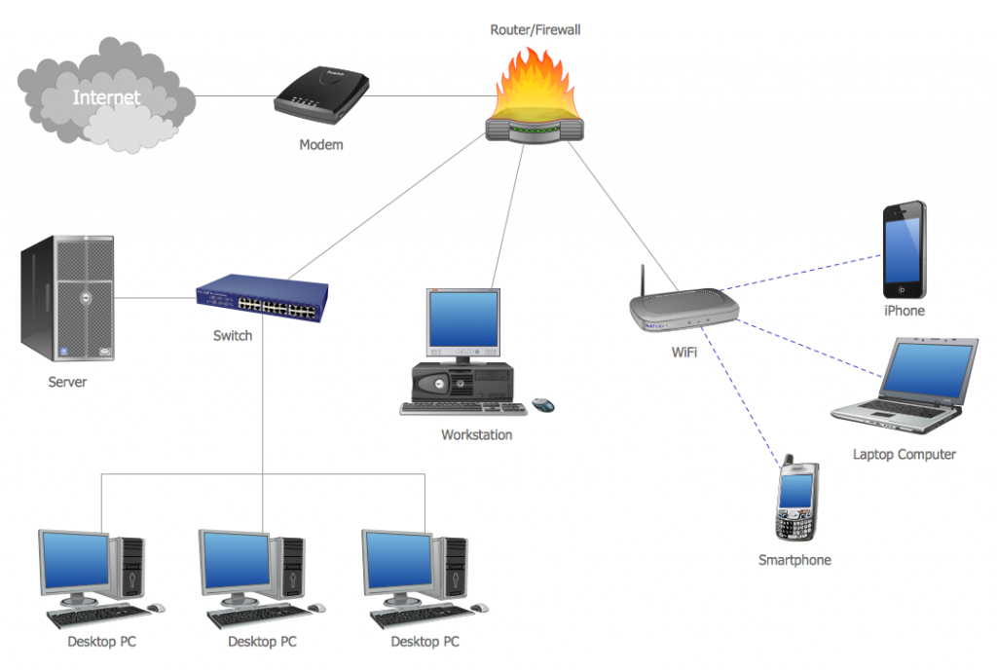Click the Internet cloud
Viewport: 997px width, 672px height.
[x=106, y=95]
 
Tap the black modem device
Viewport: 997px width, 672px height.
[x=321, y=94]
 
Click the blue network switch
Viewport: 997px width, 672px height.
[x=262, y=298]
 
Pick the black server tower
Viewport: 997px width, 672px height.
[x=67, y=298]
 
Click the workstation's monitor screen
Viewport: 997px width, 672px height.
[x=462, y=317]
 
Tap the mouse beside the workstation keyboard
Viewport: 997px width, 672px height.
[x=542, y=404]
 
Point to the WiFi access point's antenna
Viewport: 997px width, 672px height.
[x=643, y=280]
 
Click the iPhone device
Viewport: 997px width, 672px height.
[x=905, y=249]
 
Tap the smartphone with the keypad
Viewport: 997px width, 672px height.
[x=796, y=499]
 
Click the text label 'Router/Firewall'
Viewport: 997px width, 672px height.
[x=535, y=30]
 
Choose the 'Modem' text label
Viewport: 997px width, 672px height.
[x=321, y=145]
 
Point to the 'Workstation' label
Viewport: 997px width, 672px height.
[x=477, y=435]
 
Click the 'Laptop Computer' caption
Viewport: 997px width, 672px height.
[x=905, y=455]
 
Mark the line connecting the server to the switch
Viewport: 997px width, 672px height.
[x=155, y=298]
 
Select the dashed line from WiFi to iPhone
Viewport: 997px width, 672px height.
[x=800, y=273]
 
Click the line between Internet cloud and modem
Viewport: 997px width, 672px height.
[x=236, y=96]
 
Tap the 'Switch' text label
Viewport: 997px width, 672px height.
[x=233, y=336]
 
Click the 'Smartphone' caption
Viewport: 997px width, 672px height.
[x=794, y=560]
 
